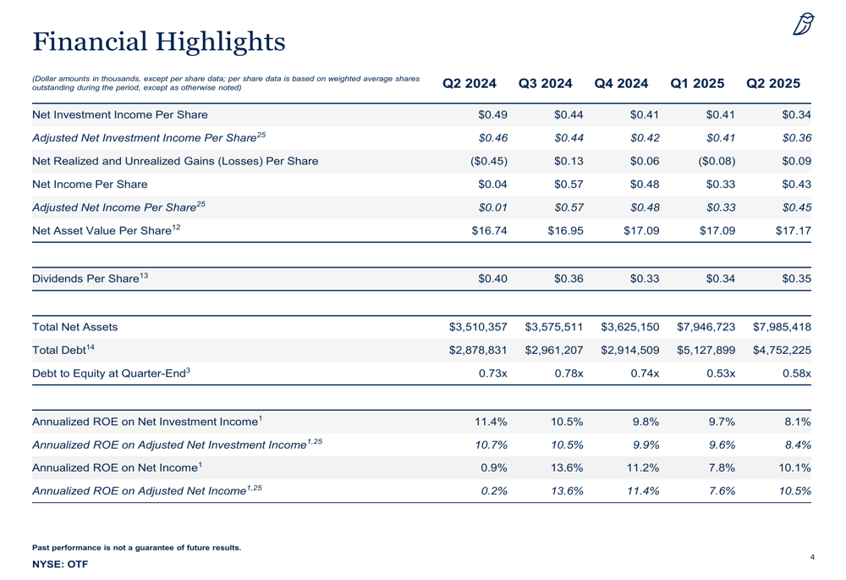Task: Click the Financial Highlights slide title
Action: click(159, 42)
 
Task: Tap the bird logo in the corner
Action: click(803, 25)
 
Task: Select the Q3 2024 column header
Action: click(545, 83)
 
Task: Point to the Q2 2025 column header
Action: click(773, 83)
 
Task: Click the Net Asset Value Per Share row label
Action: click(107, 230)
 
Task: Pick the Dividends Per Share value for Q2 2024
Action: click(492, 279)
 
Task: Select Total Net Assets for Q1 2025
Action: click(706, 327)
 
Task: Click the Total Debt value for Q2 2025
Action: click(782, 350)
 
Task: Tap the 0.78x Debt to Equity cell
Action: click(569, 373)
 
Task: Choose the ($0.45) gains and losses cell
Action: click(489, 161)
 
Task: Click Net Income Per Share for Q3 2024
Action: click(569, 184)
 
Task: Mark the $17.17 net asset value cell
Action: click(794, 230)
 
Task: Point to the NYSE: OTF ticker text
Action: click(60, 565)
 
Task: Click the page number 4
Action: click(812, 557)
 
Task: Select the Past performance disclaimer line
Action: click(136, 548)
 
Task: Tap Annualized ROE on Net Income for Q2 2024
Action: click(494, 467)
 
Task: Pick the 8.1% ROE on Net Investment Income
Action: click(798, 422)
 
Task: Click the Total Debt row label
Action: click(63, 350)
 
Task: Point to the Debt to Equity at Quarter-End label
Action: click(111, 373)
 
